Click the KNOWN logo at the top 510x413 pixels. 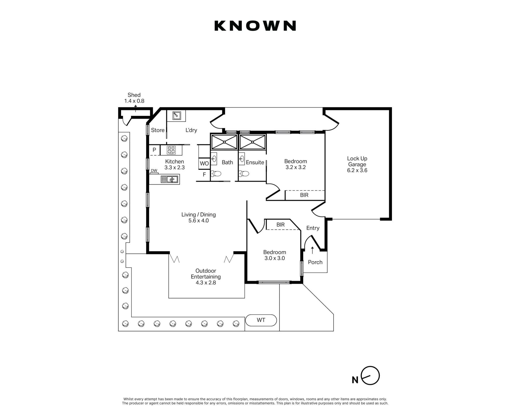click(x=255, y=26)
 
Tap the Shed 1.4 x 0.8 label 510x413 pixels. click(x=134, y=98)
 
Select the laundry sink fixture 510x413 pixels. click(x=176, y=116)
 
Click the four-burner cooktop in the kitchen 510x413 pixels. click(x=171, y=150)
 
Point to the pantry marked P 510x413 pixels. click(x=154, y=150)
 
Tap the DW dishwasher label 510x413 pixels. click(x=154, y=171)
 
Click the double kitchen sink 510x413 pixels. click(x=169, y=179)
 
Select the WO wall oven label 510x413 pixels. click(x=204, y=163)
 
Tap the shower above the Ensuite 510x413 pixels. click(x=252, y=142)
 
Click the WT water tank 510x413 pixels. click(x=261, y=320)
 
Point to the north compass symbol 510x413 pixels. click(x=370, y=376)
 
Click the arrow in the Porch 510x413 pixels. click(x=312, y=250)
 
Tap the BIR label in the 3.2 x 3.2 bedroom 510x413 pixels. click(x=304, y=195)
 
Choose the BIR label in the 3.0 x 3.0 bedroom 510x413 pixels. click(x=280, y=225)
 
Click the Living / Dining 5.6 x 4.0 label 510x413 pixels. click(x=199, y=217)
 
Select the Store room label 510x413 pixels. click(x=158, y=130)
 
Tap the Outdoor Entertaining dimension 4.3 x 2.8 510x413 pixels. click(x=206, y=282)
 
